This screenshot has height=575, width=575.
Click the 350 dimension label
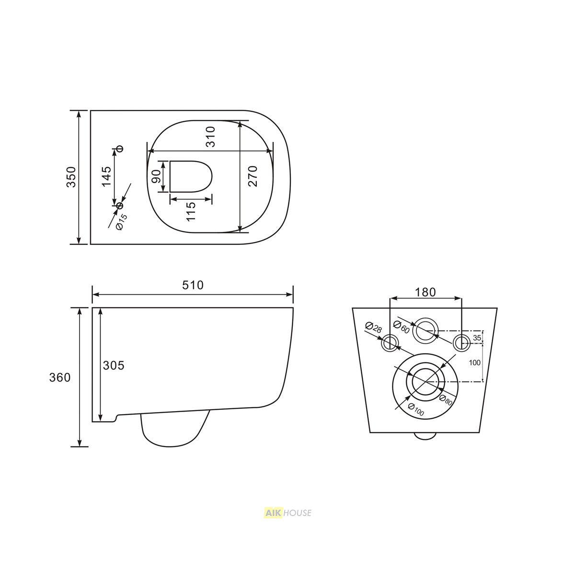pyautogui.click(x=71, y=177)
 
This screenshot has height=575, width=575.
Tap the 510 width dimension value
pyautogui.click(x=193, y=285)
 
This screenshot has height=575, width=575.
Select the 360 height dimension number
pyautogui.click(x=60, y=378)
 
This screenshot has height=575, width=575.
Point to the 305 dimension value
pyautogui.click(x=114, y=365)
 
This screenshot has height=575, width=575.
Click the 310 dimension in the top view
pyautogui.click(x=210, y=137)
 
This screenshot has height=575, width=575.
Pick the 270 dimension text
pyautogui.click(x=253, y=176)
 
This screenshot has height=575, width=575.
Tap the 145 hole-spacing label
pyautogui.click(x=106, y=177)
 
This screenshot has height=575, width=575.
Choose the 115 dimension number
pyautogui.click(x=191, y=212)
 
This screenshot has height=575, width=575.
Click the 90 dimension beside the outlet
pyautogui.click(x=156, y=176)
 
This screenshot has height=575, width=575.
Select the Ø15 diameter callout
pyautogui.click(x=122, y=222)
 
